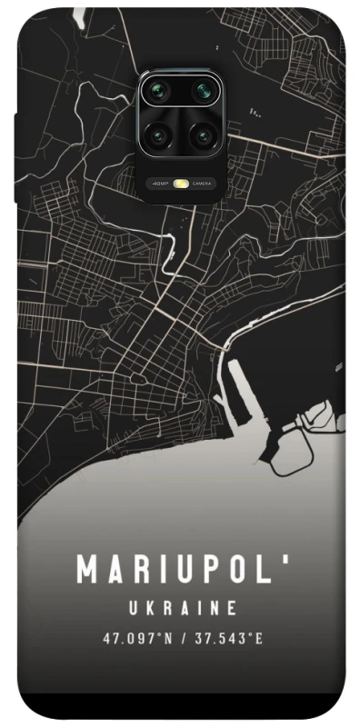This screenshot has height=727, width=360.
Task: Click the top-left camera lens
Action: pos(157,92)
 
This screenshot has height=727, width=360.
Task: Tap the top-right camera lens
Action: pos(203,92)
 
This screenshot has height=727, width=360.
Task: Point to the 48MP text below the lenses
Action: pos(161,184)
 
